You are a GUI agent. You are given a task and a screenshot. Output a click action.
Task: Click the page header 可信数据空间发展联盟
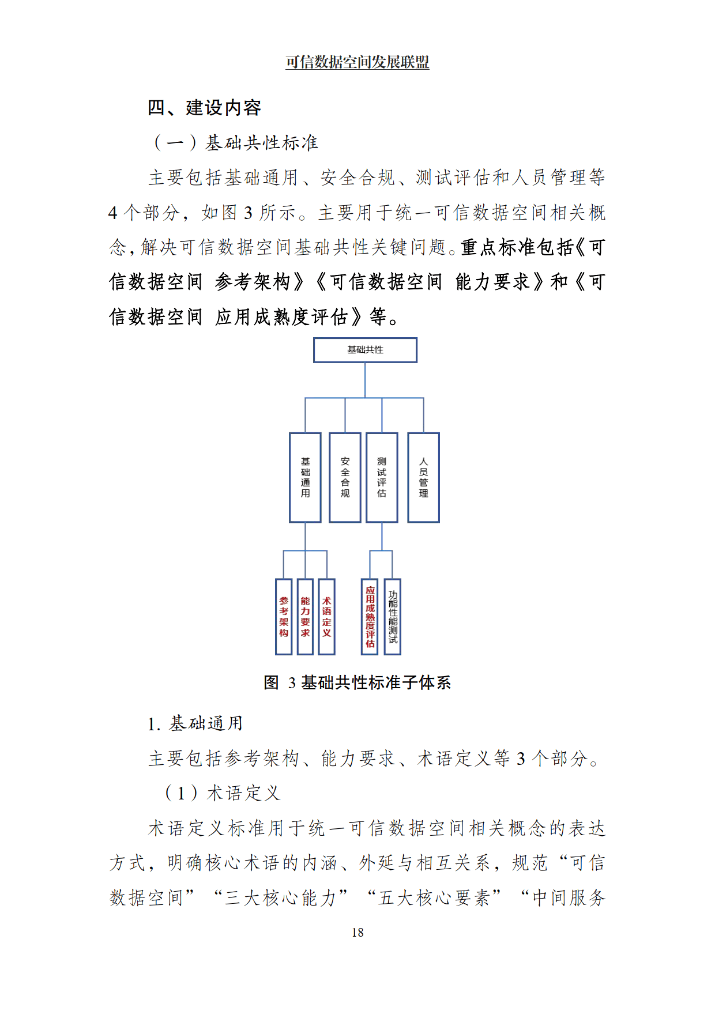click(357, 62)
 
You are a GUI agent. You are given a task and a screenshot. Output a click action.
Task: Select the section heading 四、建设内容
click(205, 108)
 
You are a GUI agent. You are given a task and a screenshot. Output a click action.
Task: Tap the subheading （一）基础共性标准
click(236, 142)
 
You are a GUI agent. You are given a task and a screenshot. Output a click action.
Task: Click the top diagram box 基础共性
click(365, 350)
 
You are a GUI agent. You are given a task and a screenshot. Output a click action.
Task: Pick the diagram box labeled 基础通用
click(305, 477)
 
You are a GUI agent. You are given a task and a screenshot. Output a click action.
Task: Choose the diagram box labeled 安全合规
click(345, 477)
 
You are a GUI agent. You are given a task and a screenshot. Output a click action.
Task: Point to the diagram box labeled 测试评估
click(382, 477)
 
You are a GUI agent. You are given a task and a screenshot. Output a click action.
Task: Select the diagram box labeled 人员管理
click(424, 477)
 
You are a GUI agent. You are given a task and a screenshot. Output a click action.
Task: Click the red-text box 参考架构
click(284, 617)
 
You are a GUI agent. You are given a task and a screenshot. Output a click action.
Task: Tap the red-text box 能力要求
click(305, 617)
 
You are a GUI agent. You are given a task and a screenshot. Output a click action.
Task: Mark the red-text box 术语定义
click(327, 617)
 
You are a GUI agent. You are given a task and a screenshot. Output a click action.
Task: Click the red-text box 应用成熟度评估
click(370, 617)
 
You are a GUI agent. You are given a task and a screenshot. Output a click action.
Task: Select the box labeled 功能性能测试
click(393, 617)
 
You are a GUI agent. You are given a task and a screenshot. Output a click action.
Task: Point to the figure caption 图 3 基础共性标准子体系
click(357, 682)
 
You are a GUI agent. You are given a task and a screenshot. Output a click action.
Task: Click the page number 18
click(357, 932)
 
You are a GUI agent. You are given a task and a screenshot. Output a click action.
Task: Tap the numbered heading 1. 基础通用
click(195, 723)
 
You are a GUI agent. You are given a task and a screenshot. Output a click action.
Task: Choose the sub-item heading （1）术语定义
click(222, 793)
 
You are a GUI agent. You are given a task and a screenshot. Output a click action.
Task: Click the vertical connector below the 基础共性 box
click(365, 380)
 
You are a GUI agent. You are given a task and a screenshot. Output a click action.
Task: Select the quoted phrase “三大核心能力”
click(281, 897)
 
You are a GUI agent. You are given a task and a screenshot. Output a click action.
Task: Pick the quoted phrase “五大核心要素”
click(435, 897)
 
